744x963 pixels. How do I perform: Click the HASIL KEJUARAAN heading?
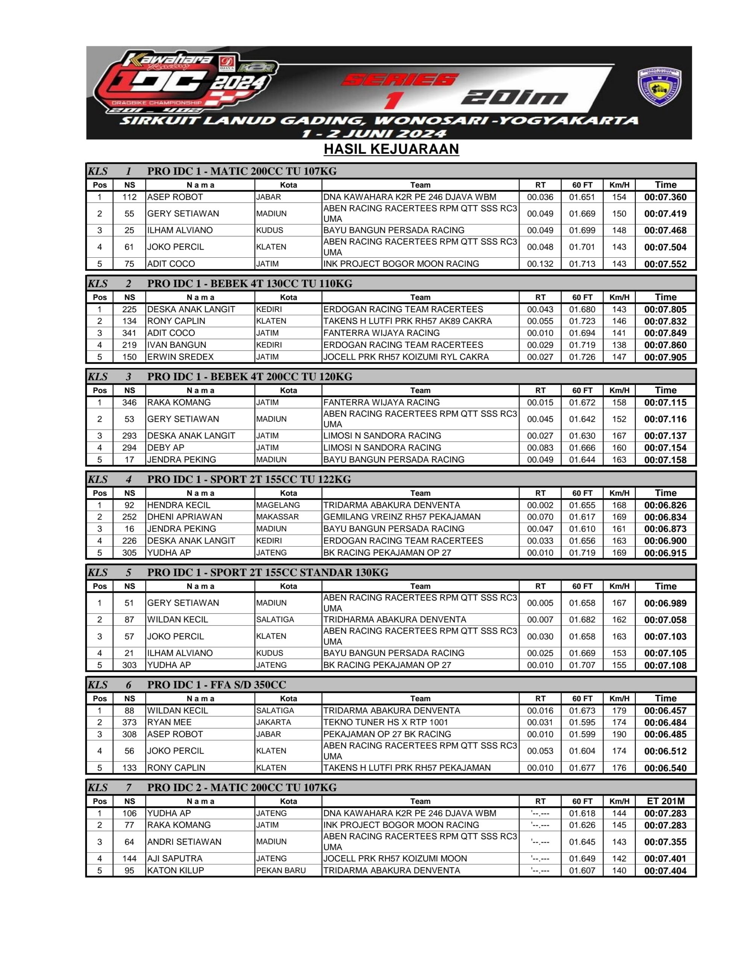click(x=391, y=149)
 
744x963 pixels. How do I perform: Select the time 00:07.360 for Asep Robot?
click(x=665, y=197)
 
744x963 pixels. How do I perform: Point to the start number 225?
click(x=129, y=310)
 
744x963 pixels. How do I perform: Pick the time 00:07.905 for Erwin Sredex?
click(x=665, y=357)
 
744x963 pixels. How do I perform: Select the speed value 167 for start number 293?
click(x=619, y=436)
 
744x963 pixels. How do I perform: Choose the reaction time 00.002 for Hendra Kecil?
click(x=540, y=505)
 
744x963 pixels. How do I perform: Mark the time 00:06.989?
click(x=665, y=603)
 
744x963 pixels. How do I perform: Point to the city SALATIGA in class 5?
click(x=275, y=620)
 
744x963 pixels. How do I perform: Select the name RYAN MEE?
click(x=169, y=722)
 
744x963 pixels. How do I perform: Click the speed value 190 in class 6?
click(x=619, y=734)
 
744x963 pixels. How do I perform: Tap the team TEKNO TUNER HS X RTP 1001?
click(x=386, y=722)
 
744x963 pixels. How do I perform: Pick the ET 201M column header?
click(x=665, y=801)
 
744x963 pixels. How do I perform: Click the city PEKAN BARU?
click(x=281, y=870)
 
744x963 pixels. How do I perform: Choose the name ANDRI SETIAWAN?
click(x=184, y=842)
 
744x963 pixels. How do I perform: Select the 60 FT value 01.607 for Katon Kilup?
click(x=582, y=870)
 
